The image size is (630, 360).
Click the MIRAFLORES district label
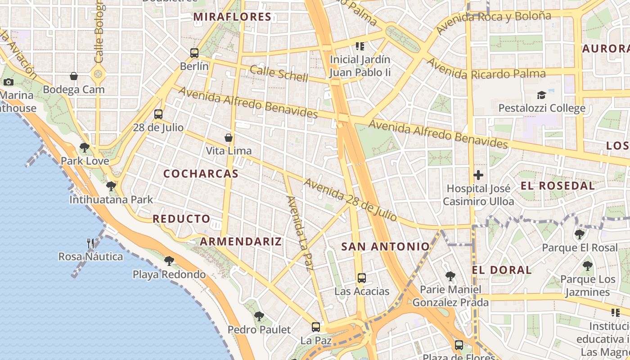[232, 17]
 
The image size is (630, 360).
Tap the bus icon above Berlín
[194, 53]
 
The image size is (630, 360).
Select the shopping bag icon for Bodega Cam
[74, 76]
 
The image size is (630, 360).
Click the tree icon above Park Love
[84, 147]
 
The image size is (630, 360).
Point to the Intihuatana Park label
[111, 199]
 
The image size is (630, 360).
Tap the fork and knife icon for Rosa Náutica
[91, 243]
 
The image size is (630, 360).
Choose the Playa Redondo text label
[169, 274]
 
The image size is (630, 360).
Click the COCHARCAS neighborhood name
[201, 174]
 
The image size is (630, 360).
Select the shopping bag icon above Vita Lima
[229, 137]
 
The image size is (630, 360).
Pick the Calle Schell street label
[279, 74]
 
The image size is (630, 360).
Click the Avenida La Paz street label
[300, 233]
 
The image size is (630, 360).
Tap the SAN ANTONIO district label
[385, 247]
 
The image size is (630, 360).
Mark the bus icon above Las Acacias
[362, 278]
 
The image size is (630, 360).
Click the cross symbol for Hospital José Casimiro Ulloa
[478, 175]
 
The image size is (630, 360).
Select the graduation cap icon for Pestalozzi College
[541, 95]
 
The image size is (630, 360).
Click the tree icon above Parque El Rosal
[580, 234]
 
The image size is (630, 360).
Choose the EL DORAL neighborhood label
[502, 270]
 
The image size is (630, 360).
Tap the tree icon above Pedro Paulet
[259, 316]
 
